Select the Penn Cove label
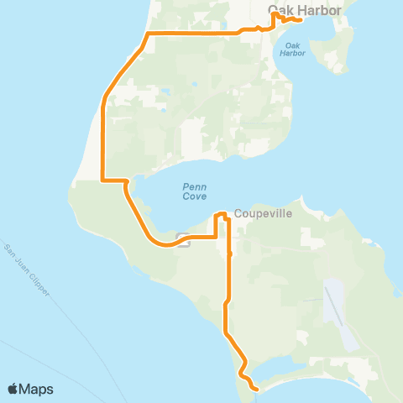pos(194,191)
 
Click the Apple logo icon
pos(13,389)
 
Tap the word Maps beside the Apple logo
pos(37,389)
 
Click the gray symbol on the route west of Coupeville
pos(184,244)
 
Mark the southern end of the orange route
pos(255,388)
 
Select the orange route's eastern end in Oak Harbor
pos(300,19)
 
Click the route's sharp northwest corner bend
pos(148,34)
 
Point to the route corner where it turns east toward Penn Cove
pos(102,179)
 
